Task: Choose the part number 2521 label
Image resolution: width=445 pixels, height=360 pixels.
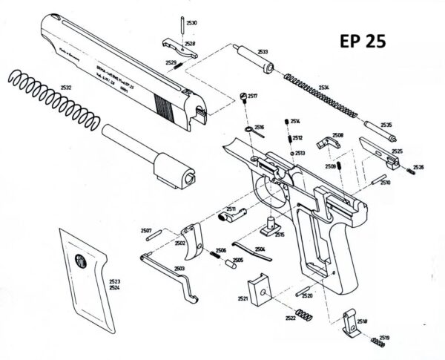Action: pos(243,298)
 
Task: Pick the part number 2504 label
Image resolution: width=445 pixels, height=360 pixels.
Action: pos(260,249)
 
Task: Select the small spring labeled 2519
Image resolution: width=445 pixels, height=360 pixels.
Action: pos(378,342)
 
